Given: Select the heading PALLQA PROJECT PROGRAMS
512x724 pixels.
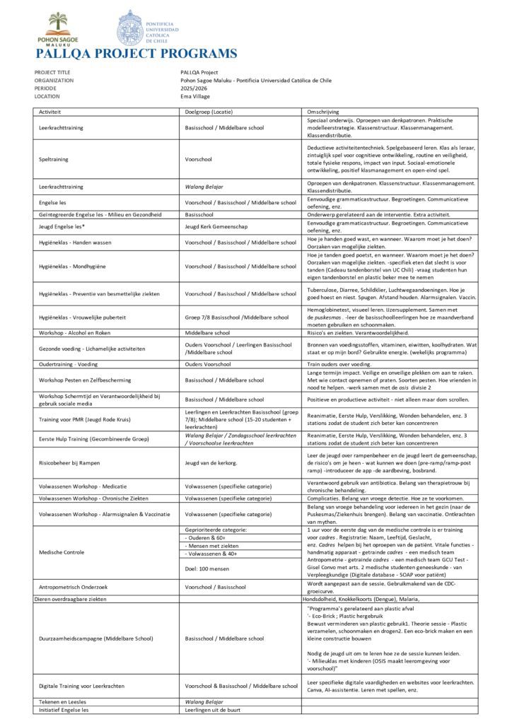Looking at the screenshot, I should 135,54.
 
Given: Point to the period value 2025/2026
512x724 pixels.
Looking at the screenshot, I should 194,88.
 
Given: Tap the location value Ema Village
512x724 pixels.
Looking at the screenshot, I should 197,96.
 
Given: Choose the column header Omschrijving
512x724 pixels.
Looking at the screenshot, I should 322,112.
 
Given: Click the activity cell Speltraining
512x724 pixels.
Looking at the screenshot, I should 54,160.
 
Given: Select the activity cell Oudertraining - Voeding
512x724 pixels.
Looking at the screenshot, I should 69,364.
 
